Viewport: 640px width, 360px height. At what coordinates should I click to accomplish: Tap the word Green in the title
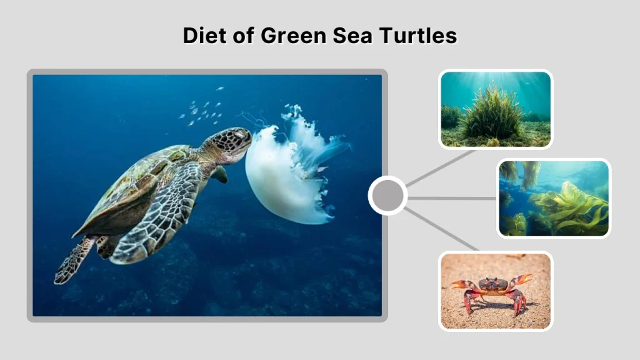click(289, 36)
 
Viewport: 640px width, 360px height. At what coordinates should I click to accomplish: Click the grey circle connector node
click(387, 196)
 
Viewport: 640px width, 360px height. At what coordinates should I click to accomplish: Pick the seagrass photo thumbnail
click(496, 109)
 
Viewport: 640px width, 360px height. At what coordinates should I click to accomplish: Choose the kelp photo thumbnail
click(554, 198)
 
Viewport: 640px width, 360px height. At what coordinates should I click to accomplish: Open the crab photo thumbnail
click(496, 291)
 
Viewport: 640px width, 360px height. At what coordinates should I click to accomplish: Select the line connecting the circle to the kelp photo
click(452, 198)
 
